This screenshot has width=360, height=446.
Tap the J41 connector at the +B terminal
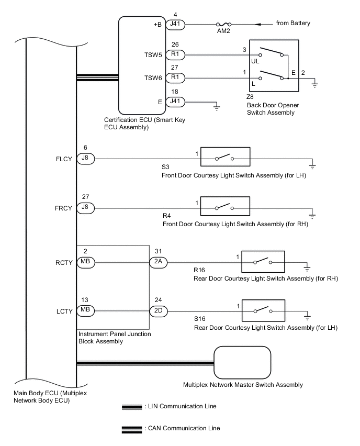tap(174, 24)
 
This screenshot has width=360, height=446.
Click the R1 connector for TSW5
tap(174, 54)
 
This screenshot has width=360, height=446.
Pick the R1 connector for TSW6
tap(174, 78)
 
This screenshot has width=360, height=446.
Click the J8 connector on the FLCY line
tap(86, 158)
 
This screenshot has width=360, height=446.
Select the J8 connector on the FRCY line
tap(86, 208)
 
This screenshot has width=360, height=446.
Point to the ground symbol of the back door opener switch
tap(314, 84)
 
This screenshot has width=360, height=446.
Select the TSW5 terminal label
tap(152, 54)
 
